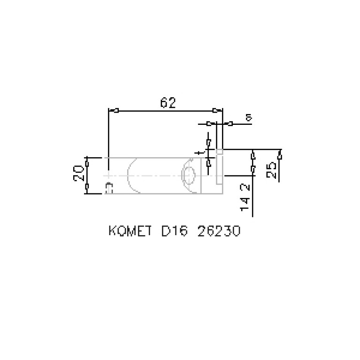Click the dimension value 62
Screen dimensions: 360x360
(x=168, y=103)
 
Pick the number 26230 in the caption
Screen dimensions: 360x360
(x=219, y=231)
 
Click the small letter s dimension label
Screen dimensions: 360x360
(x=249, y=117)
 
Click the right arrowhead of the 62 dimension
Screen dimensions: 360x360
(x=215, y=111)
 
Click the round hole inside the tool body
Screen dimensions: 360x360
(x=190, y=176)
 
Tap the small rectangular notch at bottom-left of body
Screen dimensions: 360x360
(x=110, y=188)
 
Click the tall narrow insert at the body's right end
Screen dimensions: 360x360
(x=219, y=167)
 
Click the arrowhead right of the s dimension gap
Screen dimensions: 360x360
(x=230, y=124)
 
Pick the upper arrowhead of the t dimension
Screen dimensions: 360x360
(x=208, y=143)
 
